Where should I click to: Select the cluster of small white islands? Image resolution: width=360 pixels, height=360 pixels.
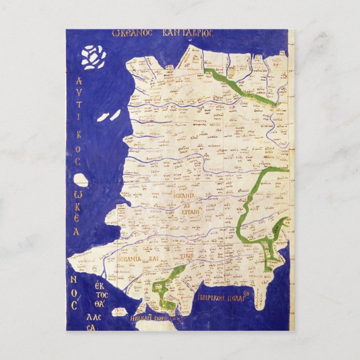pos(93,56)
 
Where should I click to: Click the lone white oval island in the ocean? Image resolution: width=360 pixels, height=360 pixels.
pos(82,180)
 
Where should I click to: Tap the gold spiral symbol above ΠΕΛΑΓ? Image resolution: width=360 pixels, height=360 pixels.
pos(252,290)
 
